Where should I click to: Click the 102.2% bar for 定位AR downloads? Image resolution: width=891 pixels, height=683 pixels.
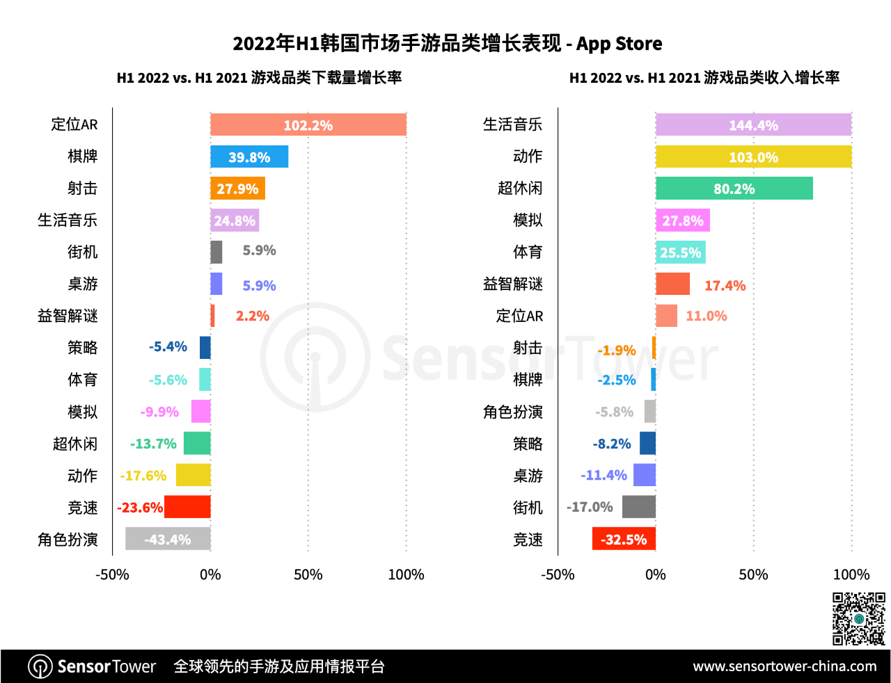coord(308,124)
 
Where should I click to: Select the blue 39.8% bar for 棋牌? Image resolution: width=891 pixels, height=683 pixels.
coord(249,156)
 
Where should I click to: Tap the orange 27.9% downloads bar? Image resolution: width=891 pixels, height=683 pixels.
coord(237,188)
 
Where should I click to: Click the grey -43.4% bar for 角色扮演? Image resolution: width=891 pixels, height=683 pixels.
coord(168,539)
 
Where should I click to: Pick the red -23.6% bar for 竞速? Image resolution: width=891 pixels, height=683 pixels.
coord(187,507)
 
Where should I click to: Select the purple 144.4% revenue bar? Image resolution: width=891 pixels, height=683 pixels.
coord(753,124)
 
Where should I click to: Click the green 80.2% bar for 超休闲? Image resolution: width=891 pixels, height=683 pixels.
coord(734,188)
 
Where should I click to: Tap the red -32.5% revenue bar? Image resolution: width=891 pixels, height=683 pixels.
coord(624,539)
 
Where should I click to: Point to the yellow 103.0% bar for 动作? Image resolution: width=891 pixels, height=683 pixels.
coord(753,156)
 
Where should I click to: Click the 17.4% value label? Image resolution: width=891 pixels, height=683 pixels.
coord(725,285)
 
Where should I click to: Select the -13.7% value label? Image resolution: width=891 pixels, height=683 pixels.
coord(153,444)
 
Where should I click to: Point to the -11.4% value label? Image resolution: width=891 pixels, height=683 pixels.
coord(604,476)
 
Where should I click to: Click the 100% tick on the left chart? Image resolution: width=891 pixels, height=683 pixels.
coord(406,574)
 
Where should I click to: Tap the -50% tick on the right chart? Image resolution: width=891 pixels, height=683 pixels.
coord(558,574)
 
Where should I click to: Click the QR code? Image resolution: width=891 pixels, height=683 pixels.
coord(859,618)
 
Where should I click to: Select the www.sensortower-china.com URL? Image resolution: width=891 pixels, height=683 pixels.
coord(784,666)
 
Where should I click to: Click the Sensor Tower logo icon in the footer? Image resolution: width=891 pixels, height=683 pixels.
coord(40,666)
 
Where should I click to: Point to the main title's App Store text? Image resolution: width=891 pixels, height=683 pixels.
coord(619,44)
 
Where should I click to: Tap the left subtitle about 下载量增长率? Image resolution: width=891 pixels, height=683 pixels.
coord(259,77)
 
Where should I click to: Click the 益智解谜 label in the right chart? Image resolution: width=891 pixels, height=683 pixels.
coord(512,284)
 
